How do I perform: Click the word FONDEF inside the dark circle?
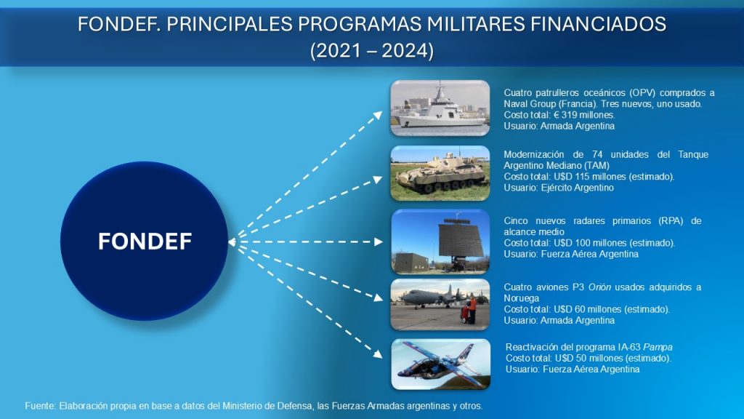pyautogui.click(x=145, y=242)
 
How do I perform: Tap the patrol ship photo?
pyautogui.click(x=440, y=108)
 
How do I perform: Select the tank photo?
pyautogui.click(x=440, y=173)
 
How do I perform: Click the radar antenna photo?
pyautogui.click(x=440, y=242)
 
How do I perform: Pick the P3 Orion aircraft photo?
pyautogui.click(x=440, y=305)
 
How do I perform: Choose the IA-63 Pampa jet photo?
pyautogui.click(x=441, y=364)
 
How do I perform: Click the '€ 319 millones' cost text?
pyautogui.click(x=583, y=115)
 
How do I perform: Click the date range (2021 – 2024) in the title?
pyautogui.click(x=372, y=50)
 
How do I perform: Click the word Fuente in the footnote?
pyautogui.click(x=41, y=406)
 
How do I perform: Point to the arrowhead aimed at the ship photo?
pyautogui.click(x=378, y=114)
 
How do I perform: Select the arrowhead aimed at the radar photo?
pyautogui.click(x=378, y=242)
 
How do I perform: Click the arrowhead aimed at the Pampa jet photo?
pyautogui.click(x=378, y=354)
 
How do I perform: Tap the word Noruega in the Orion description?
pyautogui.click(x=522, y=298)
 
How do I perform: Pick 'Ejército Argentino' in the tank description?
pyautogui.click(x=578, y=188)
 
